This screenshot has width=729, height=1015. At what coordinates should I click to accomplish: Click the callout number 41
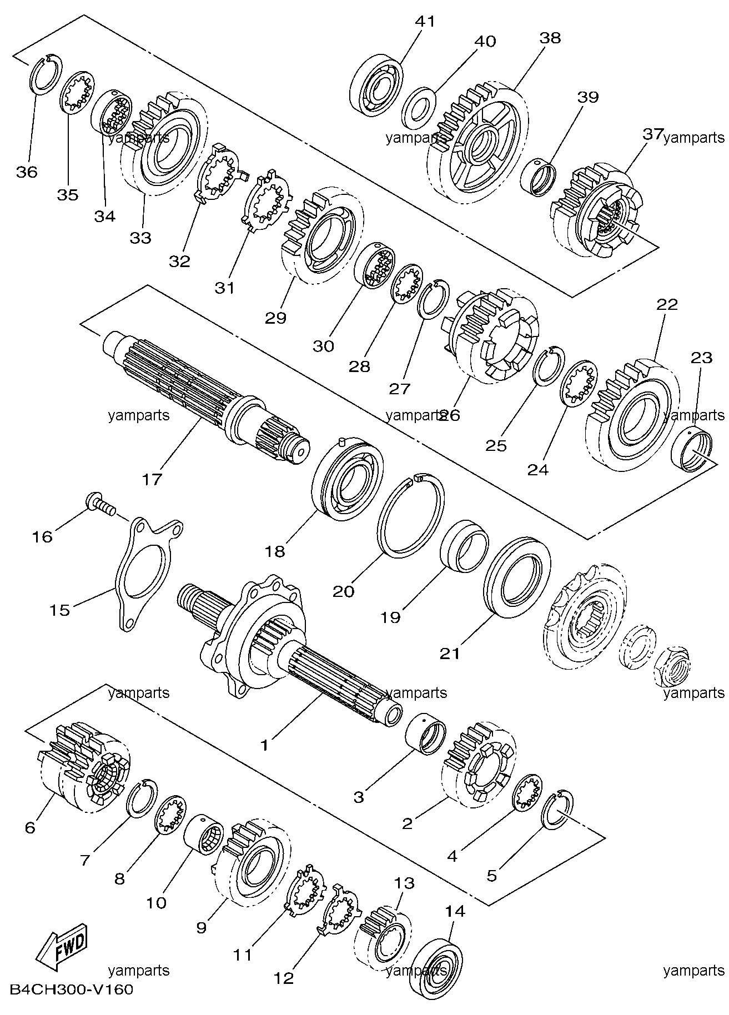click(x=425, y=22)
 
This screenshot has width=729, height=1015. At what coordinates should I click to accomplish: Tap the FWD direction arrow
click(x=61, y=946)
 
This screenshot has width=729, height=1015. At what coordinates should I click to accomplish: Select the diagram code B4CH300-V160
click(x=72, y=989)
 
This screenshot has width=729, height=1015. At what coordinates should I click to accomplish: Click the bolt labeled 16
click(x=100, y=503)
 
